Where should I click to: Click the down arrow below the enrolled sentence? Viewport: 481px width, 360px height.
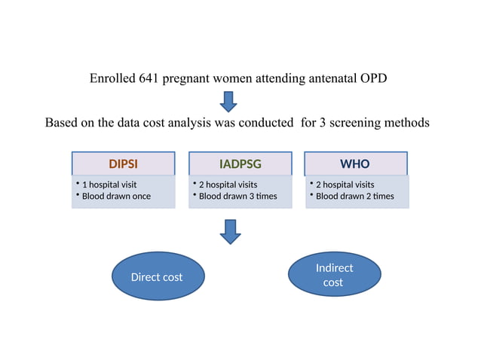(x=228, y=100)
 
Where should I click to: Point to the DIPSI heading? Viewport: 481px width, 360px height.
(x=124, y=163)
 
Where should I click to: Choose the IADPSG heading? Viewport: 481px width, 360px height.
(x=240, y=163)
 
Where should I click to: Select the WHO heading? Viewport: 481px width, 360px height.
(x=355, y=163)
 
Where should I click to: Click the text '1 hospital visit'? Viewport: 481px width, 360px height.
(x=109, y=185)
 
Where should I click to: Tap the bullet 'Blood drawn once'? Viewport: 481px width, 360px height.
(x=116, y=197)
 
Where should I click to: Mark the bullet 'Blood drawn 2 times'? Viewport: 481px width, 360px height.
(x=354, y=197)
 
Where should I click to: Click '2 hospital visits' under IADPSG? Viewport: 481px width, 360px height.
(x=228, y=185)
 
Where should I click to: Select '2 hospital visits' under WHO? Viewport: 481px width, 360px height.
(x=345, y=185)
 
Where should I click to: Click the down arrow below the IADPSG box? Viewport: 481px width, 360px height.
(x=229, y=231)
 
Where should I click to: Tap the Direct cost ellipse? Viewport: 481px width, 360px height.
(x=157, y=276)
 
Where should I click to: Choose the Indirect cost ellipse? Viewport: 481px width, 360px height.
(x=333, y=275)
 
